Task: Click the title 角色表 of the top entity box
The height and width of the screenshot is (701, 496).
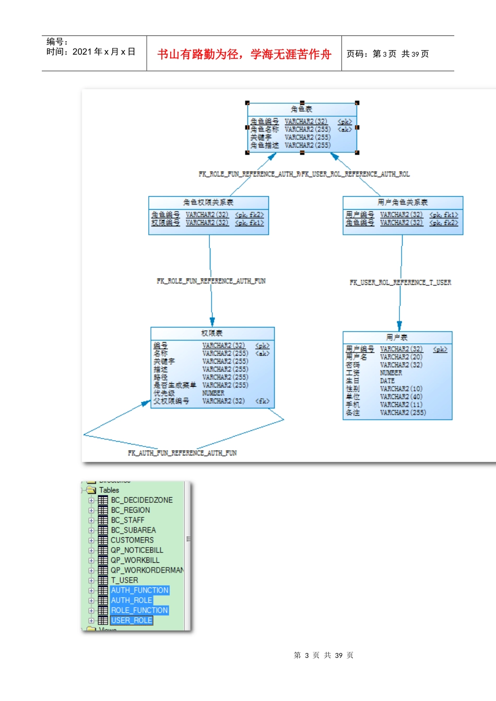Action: pos(301,109)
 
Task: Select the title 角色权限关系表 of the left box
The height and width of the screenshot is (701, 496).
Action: pos(208,202)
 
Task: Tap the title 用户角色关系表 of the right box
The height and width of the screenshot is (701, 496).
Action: pos(402,202)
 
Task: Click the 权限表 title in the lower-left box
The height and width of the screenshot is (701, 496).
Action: pos(211,333)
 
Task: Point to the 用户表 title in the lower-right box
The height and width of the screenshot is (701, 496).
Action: pos(397,337)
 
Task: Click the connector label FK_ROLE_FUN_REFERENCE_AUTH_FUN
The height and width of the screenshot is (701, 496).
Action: pos(211,281)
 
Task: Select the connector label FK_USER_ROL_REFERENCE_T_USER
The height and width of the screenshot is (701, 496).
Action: pos(400,283)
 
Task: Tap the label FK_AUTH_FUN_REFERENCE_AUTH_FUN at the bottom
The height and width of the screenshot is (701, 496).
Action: pos(182,453)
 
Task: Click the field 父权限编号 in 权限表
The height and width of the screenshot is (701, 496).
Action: pos(171,401)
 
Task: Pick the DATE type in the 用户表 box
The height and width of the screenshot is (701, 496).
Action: pos(387,381)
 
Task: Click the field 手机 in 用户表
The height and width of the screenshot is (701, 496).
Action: pos(352,405)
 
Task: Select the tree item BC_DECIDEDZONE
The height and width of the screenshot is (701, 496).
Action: pos(141,500)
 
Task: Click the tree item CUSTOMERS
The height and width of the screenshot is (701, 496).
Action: pos(132,540)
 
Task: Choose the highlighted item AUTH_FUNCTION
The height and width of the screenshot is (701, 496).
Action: pos(139,590)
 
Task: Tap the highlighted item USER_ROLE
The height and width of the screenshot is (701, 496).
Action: pos(132,620)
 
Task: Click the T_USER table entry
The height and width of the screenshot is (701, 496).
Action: pos(124,580)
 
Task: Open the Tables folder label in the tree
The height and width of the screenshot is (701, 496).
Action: pos(109,490)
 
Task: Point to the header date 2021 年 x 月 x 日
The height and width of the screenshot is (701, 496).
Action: pos(103,52)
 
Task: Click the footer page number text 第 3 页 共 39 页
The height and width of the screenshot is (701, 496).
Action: pos(323,655)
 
